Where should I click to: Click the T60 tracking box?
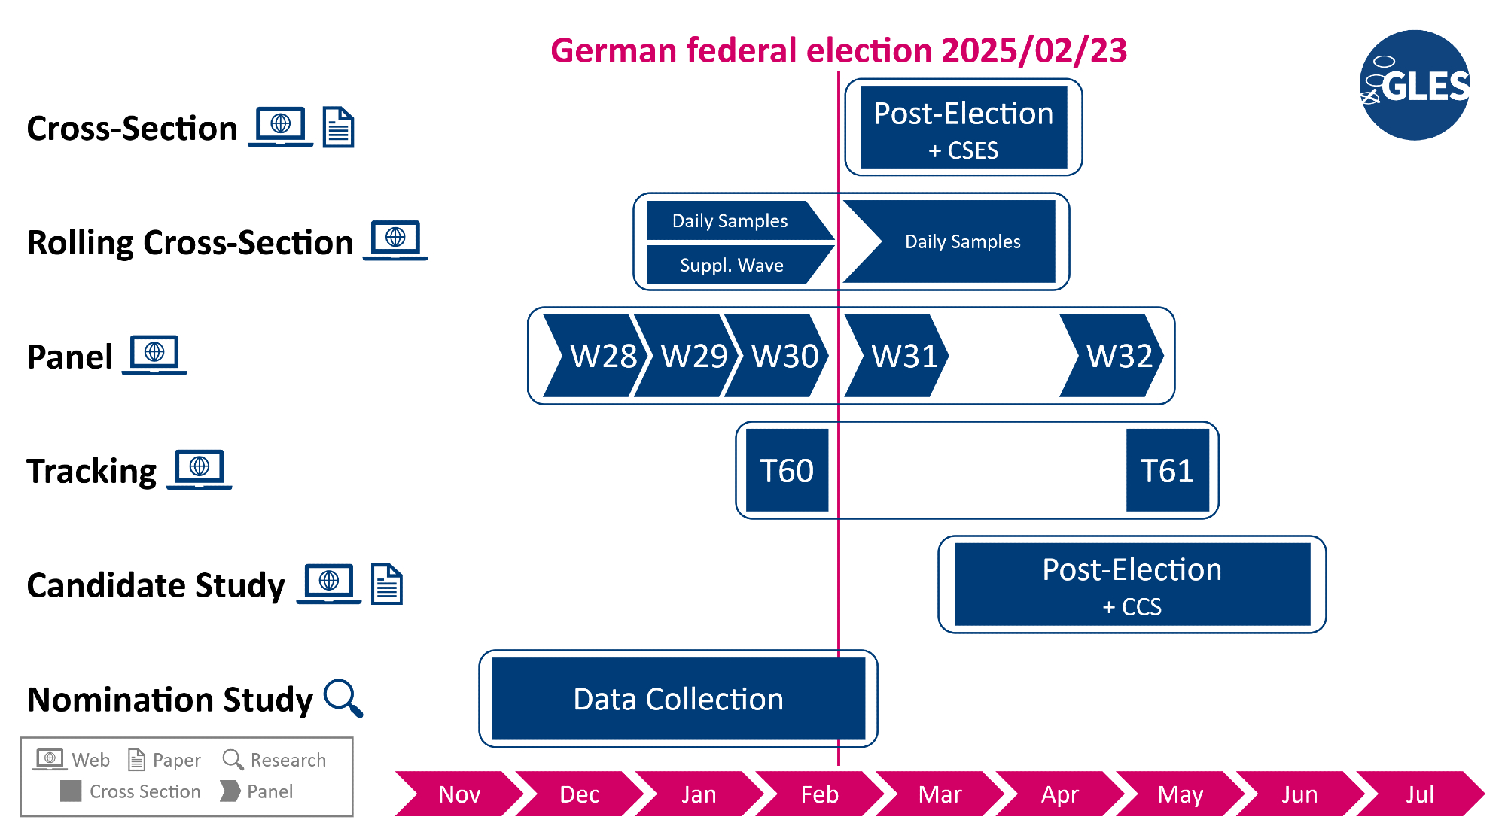coord(787,470)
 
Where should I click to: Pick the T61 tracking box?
coord(1167,470)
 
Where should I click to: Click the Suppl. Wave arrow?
coord(734,265)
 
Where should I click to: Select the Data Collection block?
coord(678,699)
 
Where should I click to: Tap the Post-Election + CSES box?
coord(963,127)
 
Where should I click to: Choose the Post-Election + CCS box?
coord(1132,584)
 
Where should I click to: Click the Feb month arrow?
coord(819,794)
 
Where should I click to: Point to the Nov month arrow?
coord(459,794)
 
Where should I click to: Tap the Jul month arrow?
coord(1420,794)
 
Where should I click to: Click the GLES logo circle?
coord(1415,85)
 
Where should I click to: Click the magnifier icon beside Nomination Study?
coord(343,697)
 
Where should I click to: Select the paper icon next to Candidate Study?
coord(387,584)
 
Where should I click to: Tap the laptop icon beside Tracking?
coord(200,469)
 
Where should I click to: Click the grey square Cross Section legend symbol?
coord(71,791)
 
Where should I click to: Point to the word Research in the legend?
coord(288,760)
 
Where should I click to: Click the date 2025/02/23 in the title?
coord(1034,51)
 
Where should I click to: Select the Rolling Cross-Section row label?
coord(190,242)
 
